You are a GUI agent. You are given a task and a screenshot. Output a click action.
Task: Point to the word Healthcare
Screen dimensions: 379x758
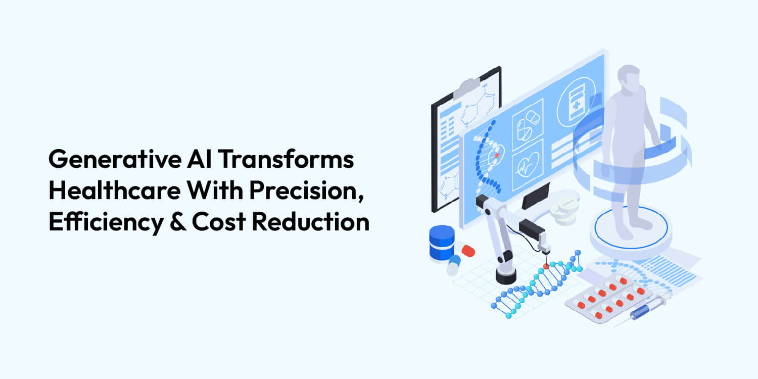pos(112,192)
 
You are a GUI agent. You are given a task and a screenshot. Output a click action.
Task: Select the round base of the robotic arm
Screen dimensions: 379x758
pos(506,275)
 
